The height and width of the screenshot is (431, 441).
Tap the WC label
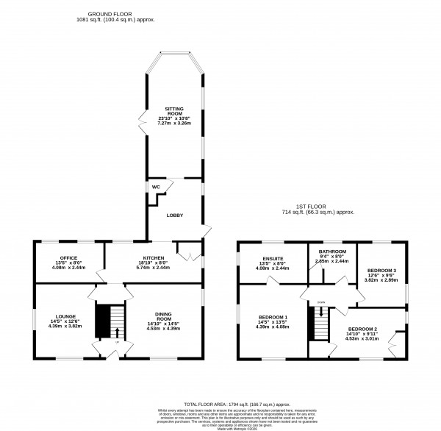pyautogui.click(x=156, y=187)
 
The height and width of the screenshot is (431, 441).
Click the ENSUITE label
pyautogui.click(x=273, y=258)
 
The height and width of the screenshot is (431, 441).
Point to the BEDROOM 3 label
pyautogui.click(x=381, y=271)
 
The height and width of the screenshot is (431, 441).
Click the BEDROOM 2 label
pyautogui.click(x=362, y=329)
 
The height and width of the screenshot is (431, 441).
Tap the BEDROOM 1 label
pyautogui.click(x=273, y=317)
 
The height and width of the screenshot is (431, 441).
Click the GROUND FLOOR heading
pyautogui.click(x=110, y=14)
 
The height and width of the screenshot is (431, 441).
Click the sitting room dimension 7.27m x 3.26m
pyautogui.click(x=173, y=124)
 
